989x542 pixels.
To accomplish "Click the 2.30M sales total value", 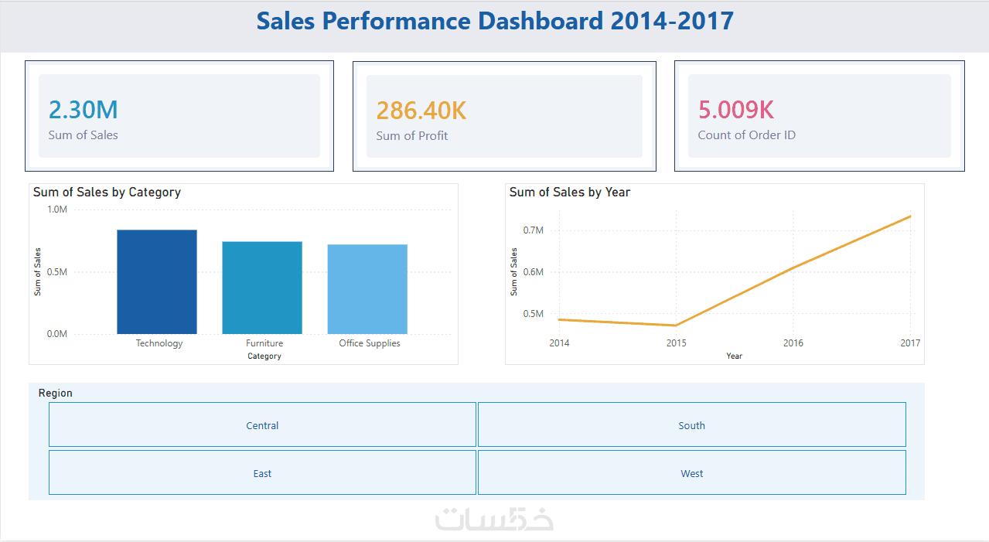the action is pyautogui.click(x=83, y=110).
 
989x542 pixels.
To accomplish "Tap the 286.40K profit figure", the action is pyautogui.click(x=421, y=111).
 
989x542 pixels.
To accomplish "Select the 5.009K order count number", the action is pyautogui.click(x=735, y=110).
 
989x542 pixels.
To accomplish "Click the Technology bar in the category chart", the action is pyautogui.click(x=157, y=281).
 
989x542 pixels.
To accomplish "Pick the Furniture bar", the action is pyautogui.click(x=262, y=288).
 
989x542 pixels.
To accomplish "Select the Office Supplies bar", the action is pyautogui.click(x=367, y=289).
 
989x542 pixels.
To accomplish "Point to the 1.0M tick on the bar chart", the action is pyautogui.click(x=57, y=210).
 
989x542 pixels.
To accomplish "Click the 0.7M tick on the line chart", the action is pyautogui.click(x=534, y=230).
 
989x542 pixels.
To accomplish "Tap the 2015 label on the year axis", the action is pyautogui.click(x=676, y=343).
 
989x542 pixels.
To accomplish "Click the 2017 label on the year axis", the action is pyautogui.click(x=910, y=343).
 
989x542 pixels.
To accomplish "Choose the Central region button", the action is pyautogui.click(x=262, y=424).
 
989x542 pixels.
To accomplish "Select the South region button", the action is pyautogui.click(x=692, y=424).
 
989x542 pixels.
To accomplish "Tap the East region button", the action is pyautogui.click(x=262, y=472).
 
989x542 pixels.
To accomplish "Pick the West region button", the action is pyautogui.click(x=692, y=472).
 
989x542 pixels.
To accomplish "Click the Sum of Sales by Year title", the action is pyautogui.click(x=570, y=193).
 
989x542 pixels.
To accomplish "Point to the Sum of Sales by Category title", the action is pyautogui.click(x=107, y=193).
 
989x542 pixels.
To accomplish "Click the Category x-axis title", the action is pyautogui.click(x=264, y=356).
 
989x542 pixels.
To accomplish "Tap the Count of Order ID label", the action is pyautogui.click(x=747, y=135).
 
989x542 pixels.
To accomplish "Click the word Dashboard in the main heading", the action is pyautogui.click(x=541, y=21).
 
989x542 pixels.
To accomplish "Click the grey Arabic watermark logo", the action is pyautogui.click(x=494, y=519).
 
